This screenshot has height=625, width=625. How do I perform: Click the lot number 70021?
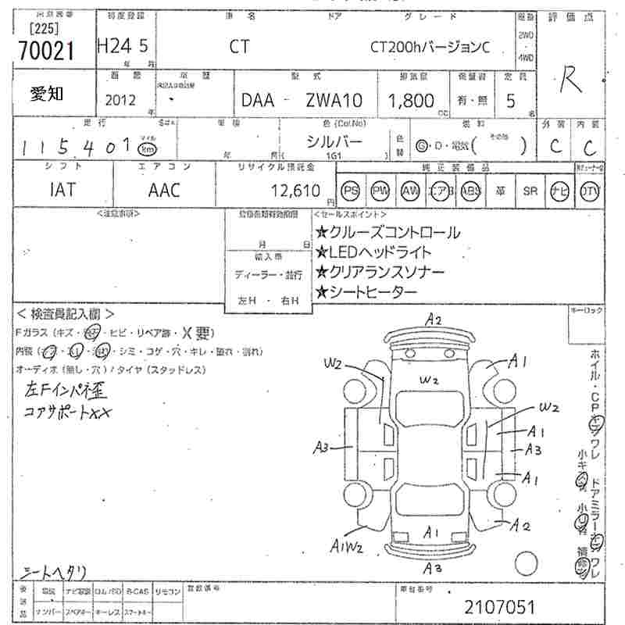[45, 50]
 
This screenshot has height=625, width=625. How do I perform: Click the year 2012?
[119, 100]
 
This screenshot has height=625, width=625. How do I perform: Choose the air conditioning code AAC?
[163, 190]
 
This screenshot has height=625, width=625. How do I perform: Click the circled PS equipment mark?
[352, 190]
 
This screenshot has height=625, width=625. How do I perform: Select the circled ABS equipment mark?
[470, 190]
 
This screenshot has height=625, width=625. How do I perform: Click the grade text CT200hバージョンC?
[429, 47]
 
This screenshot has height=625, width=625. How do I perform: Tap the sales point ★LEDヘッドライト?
[373, 252]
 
